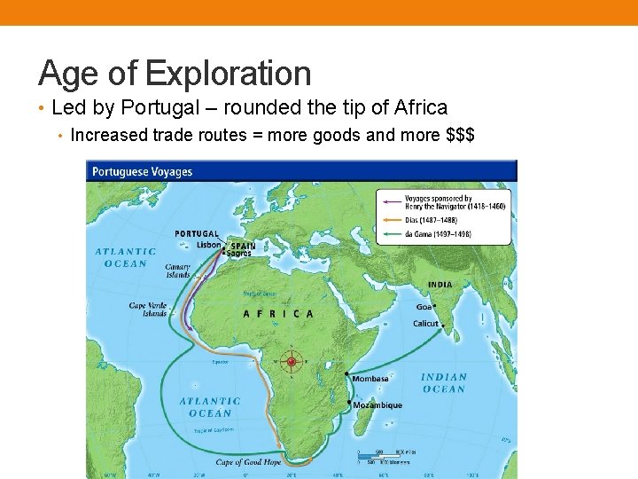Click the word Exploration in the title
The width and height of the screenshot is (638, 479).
coord(229,73)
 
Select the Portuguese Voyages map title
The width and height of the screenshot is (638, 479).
coord(143,171)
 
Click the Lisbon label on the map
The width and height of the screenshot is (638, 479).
coord(209,245)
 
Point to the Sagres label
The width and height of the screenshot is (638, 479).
coord(239,253)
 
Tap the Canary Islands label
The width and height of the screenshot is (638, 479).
coord(178,271)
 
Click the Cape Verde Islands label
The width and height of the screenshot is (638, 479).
coord(148,310)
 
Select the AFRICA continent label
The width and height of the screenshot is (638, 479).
coord(278,313)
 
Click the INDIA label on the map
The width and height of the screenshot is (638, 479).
coord(440,285)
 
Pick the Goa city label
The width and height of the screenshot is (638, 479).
coord(424,307)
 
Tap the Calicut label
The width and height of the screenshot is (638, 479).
coord(425,324)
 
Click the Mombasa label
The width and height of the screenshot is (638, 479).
coord(370,379)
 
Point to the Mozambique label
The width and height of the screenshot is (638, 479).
coord(377,405)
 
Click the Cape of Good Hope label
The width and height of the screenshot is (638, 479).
coord(249,462)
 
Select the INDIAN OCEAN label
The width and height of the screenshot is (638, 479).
coord(444,383)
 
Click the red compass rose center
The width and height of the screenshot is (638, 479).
coord(291,361)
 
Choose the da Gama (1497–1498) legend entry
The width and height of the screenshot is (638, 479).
coord(438,234)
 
